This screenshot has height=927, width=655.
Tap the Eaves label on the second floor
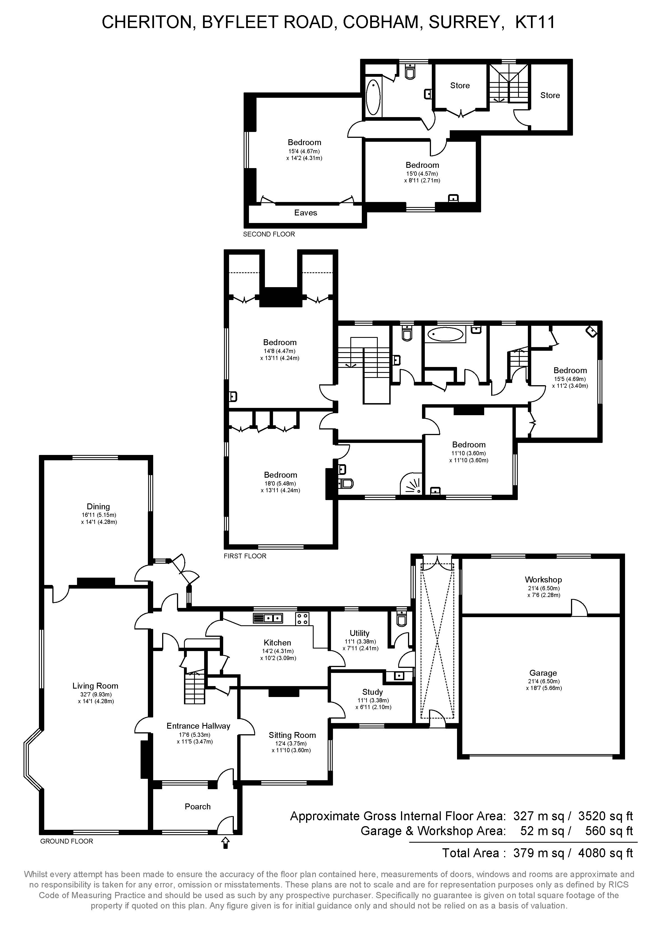tap(306, 213)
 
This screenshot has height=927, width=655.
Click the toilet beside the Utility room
tap(402, 619)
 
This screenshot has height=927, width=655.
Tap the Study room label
tap(372, 692)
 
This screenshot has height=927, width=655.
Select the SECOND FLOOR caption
tap(269, 234)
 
